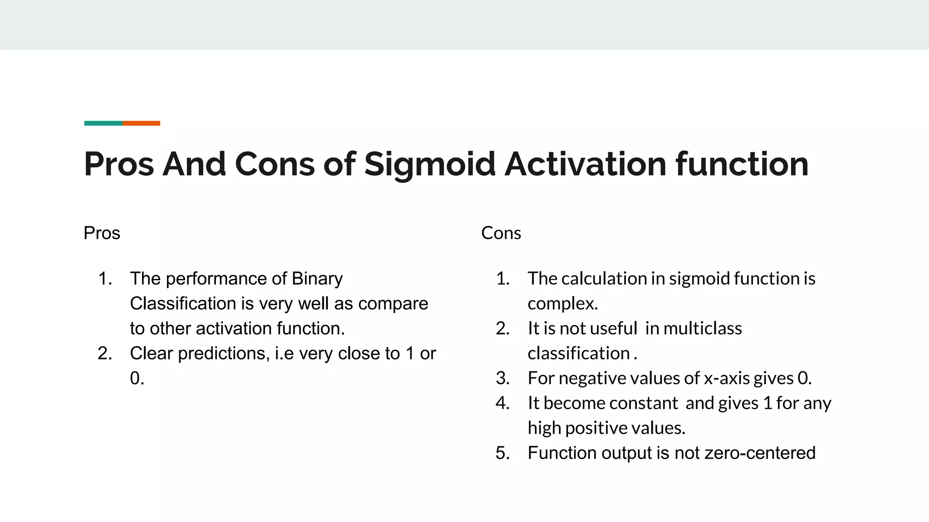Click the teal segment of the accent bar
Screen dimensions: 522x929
point(103,123)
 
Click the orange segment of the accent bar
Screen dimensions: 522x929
point(141,123)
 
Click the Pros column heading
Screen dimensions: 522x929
point(102,233)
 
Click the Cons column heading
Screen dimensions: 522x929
point(501,233)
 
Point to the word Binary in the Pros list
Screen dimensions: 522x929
point(317,279)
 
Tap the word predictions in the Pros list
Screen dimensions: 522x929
point(224,354)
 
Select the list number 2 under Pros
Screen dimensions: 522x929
point(104,353)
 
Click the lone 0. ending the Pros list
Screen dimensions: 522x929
point(137,378)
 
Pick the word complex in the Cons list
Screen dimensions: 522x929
point(562,304)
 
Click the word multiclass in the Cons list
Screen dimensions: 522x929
point(703,329)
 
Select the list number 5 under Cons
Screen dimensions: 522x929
point(502,453)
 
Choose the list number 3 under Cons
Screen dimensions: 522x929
point(502,378)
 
